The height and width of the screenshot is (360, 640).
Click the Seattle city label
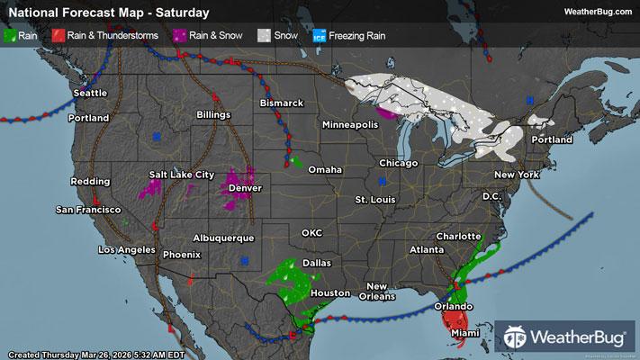pos(89,93)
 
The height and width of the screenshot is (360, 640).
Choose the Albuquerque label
pos(223,238)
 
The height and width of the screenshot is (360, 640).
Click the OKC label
pos(311,232)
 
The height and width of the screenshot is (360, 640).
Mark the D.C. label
pos(491,195)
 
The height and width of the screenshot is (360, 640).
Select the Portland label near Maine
pos(552,140)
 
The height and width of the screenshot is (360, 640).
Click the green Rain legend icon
pos(10,36)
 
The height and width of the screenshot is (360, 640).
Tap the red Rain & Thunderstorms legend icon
pos(57,36)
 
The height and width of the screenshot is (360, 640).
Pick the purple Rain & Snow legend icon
pos(181,36)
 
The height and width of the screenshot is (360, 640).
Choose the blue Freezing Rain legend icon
pos(319,36)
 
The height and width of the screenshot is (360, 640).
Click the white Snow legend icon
pos(264,36)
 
